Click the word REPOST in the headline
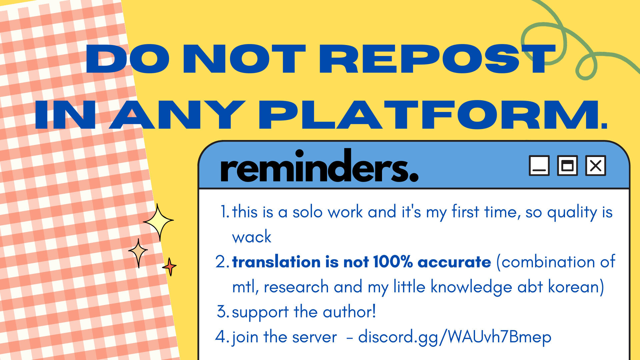pos(437,59)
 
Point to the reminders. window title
pos(319,166)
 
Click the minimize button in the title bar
pos(539,165)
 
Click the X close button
pos(596,165)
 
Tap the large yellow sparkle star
pos(158,222)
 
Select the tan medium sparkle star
pos(138,252)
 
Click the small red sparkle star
pos(170,266)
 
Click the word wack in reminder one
pos(252,237)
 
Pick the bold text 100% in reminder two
pos(393,262)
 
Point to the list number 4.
pos(221,337)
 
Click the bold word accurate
pos(454,262)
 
